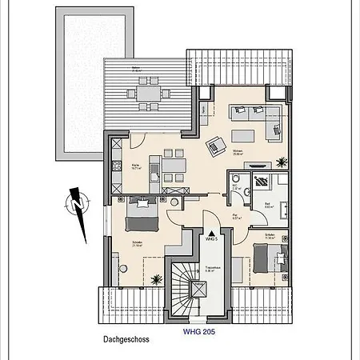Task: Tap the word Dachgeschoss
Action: [126, 338]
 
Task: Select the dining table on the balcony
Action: [147, 94]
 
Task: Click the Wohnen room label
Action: [238, 155]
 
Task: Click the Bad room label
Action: [269, 205]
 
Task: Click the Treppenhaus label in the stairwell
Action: [212, 269]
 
